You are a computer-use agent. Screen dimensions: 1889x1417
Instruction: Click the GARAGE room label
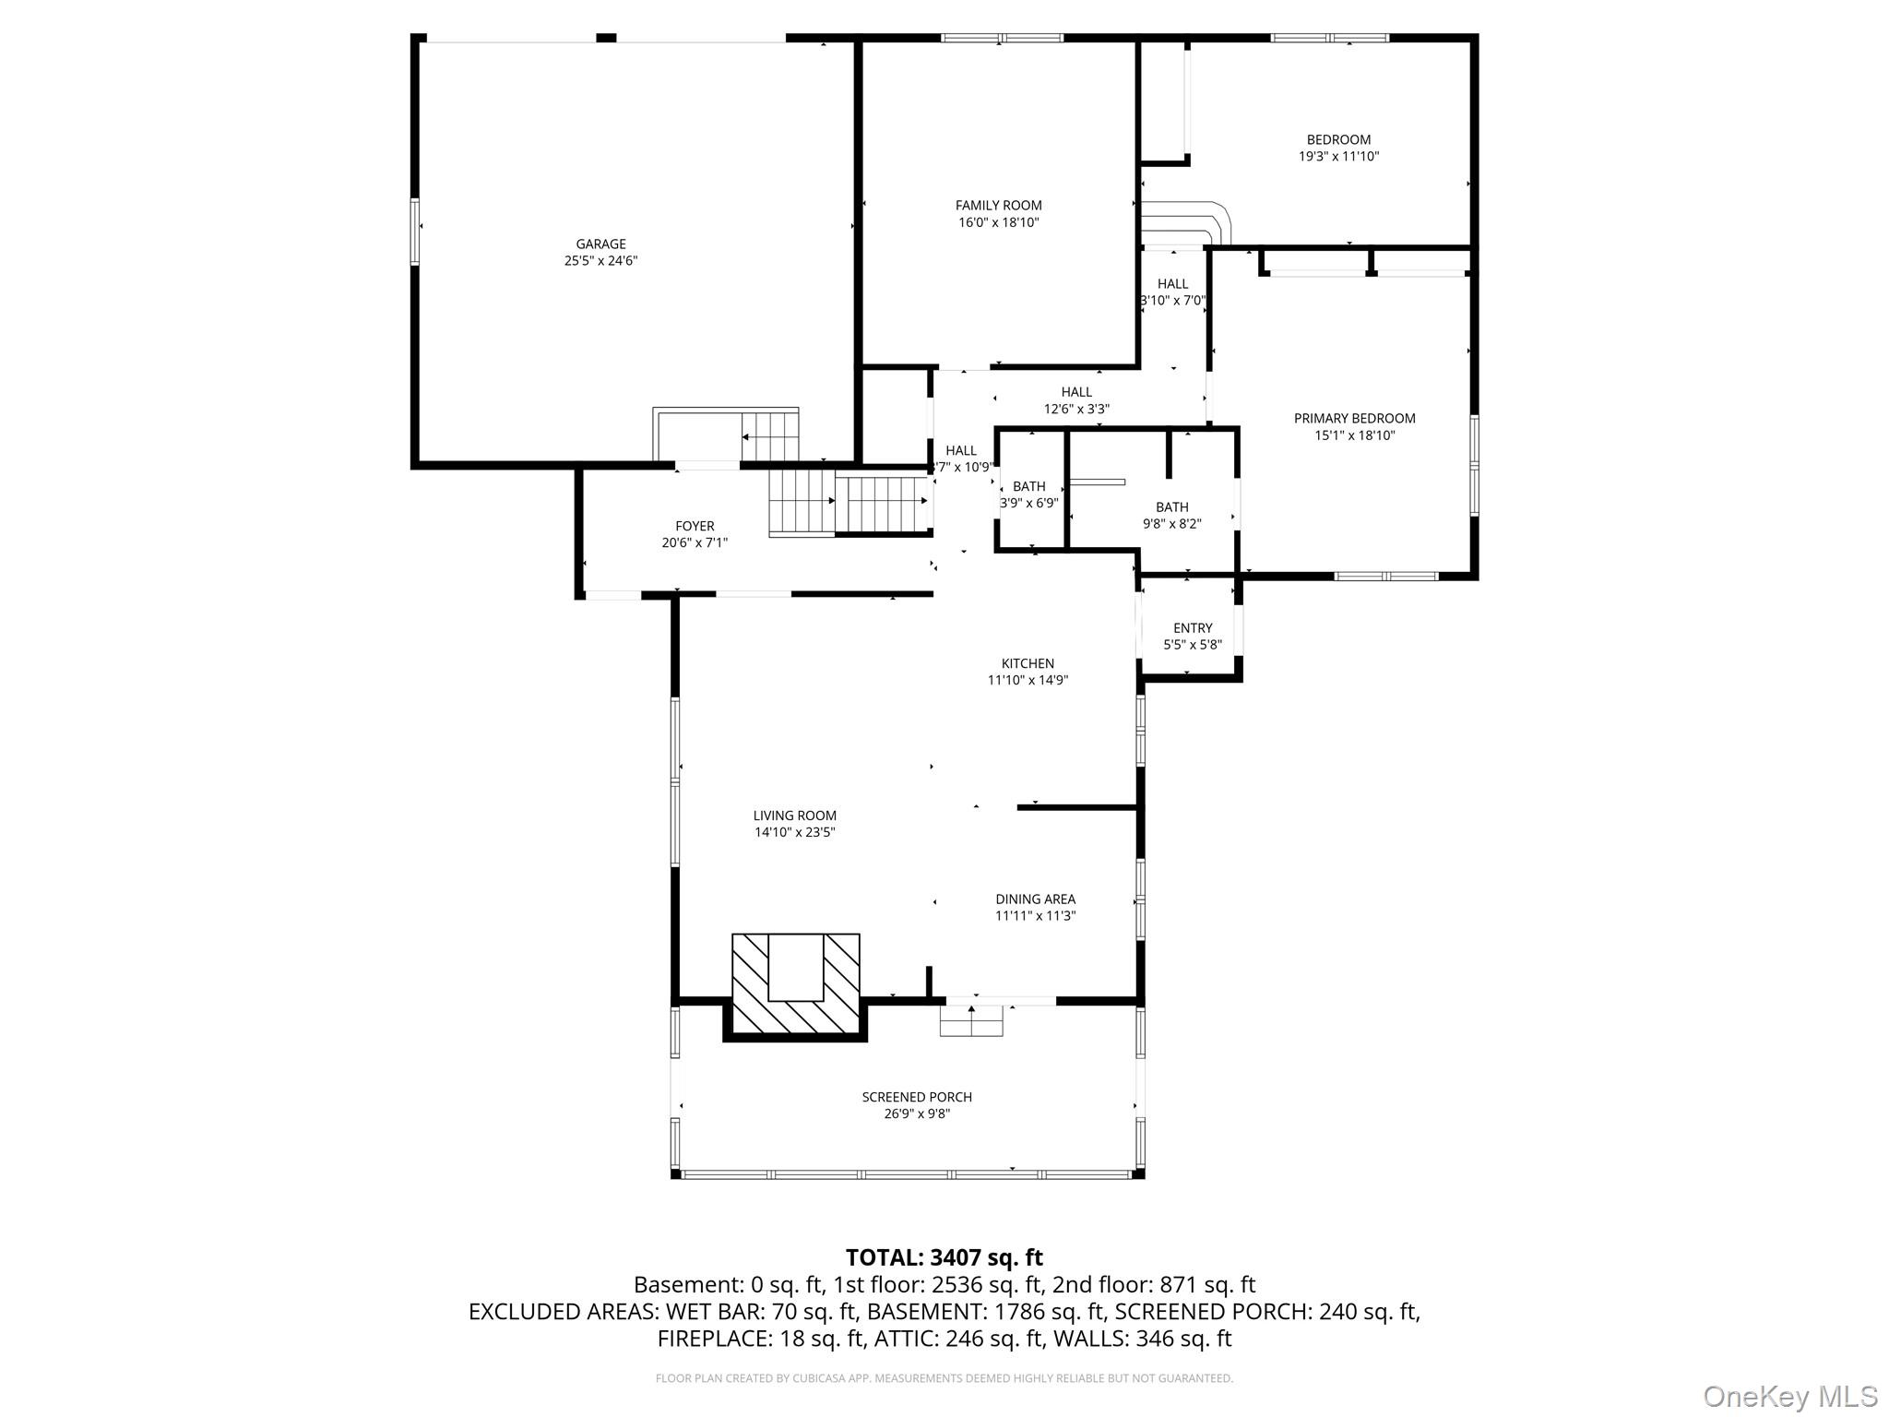point(600,244)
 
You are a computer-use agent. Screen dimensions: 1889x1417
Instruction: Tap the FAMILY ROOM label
point(998,206)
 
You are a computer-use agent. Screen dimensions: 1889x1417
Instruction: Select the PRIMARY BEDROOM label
point(1354,419)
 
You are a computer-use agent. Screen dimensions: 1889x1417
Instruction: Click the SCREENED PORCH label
point(917,1097)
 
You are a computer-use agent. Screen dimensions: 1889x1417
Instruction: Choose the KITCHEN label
point(1028,663)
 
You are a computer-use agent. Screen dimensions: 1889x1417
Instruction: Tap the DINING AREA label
point(1035,899)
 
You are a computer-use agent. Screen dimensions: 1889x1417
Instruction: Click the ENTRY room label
point(1193,628)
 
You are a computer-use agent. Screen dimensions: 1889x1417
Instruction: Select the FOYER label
point(695,527)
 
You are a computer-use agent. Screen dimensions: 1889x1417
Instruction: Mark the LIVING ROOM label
point(794,816)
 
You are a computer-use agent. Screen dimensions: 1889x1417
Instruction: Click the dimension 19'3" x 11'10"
point(1338,157)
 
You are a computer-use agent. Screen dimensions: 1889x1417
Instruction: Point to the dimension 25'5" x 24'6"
point(600,261)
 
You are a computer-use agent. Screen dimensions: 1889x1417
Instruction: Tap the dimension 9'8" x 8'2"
point(1171,524)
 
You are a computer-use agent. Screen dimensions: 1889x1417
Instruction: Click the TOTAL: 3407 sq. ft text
point(944,1257)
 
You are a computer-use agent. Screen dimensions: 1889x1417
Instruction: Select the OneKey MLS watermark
point(1790,1396)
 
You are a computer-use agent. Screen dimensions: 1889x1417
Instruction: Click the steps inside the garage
point(770,435)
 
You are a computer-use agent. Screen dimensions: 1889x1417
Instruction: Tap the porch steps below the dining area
point(971,1020)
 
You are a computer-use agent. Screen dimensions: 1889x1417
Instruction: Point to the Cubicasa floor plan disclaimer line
point(944,1378)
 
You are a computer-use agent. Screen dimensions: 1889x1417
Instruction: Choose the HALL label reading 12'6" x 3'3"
point(1076,400)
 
